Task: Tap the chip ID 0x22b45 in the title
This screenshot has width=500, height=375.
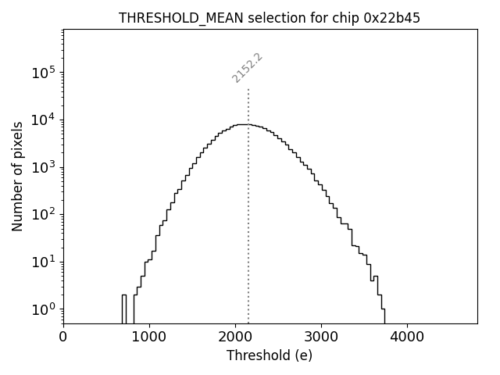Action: [390, 18]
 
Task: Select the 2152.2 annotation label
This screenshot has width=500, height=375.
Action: [247, 68]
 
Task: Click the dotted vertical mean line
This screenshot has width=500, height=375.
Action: [248, 234]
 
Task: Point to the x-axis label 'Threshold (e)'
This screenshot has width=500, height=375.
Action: [270, 355]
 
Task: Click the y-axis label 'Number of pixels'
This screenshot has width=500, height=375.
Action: [17, 177]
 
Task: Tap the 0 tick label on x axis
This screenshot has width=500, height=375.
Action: [63, 337]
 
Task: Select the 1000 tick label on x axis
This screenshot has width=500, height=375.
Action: [149, 337]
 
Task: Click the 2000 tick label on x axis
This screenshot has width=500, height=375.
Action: [235, 337]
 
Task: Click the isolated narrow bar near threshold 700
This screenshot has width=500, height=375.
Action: [124, 309]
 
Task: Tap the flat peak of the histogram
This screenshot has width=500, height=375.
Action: [244, 124]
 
